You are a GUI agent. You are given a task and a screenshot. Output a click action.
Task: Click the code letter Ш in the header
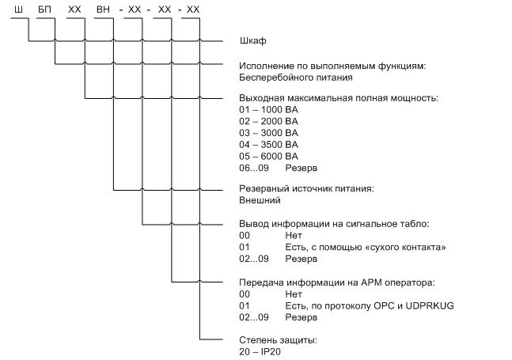[x=19, y=9]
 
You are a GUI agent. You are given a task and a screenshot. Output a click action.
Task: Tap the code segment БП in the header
[x=45, y=9]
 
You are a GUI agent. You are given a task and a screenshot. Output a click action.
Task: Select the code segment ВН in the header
[x=103, y=9]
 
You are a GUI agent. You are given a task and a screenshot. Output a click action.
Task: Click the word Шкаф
[x=253, y=41]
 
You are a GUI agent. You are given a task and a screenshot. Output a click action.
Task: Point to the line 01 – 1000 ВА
[x=268, y=110]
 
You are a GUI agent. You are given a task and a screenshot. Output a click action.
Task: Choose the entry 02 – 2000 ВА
[x=268, y=121]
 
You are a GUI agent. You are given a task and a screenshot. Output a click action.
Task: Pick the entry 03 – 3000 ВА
[x=268, y=133]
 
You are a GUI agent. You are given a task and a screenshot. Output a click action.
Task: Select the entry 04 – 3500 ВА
[x=268, y=145]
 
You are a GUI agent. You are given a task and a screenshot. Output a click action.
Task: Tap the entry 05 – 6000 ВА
[x=268, y=157]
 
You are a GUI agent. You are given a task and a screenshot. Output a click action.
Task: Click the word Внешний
[x=260, y=200]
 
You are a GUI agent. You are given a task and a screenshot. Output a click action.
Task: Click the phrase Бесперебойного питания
[x=296, y=78]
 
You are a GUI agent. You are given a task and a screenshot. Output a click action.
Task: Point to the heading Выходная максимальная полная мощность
[x=339, y=98]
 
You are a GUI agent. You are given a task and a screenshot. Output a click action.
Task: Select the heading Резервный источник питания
[x=306, y=188]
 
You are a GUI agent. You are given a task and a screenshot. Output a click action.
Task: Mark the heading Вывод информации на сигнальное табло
[x=334, y=224]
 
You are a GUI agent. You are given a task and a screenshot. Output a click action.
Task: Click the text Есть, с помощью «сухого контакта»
[x=366, y=248]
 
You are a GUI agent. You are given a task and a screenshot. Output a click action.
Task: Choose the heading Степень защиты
[x=279, y=340]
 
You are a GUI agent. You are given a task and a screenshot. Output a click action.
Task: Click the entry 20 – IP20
[x=260, y=352]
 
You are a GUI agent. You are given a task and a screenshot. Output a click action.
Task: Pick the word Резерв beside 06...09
[x=301, y=169]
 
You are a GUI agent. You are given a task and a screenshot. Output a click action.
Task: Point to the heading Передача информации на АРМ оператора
[x=337, y=282]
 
